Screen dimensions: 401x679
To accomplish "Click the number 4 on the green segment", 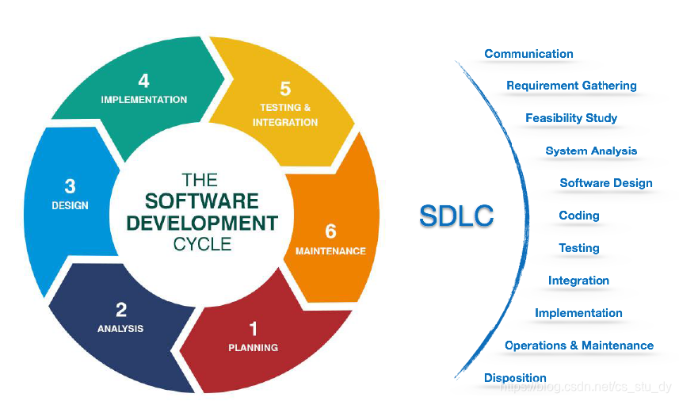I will (143, 81).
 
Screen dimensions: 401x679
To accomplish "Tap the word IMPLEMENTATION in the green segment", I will (144, 100).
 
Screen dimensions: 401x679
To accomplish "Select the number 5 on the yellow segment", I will (285, 89).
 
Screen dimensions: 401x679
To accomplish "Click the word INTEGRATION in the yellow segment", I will (285, 122).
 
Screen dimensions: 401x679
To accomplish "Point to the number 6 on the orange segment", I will (330, 231).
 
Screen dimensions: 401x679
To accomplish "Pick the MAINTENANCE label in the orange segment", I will (330, 251).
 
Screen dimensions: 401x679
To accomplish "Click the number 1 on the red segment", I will (254, 328).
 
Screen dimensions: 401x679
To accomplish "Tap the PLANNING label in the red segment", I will (254, 347).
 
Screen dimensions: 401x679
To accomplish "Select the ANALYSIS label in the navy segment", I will (120, 328).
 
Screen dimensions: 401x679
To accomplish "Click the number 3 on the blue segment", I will (70, 186).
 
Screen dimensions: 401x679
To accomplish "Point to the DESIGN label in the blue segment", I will (70, 205).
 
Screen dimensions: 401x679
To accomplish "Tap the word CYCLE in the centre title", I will (202, 243).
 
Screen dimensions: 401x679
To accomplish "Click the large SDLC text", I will (456, 216).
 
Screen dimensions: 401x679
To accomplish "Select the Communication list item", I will (528, 54).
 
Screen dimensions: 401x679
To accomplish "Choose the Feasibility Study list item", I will (571, 118).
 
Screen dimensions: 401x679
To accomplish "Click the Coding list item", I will (579, 216).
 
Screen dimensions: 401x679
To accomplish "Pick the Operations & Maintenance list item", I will (579, 346).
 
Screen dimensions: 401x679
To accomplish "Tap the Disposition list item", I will (515, 378).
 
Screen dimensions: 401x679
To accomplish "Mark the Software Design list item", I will (606, 183).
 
